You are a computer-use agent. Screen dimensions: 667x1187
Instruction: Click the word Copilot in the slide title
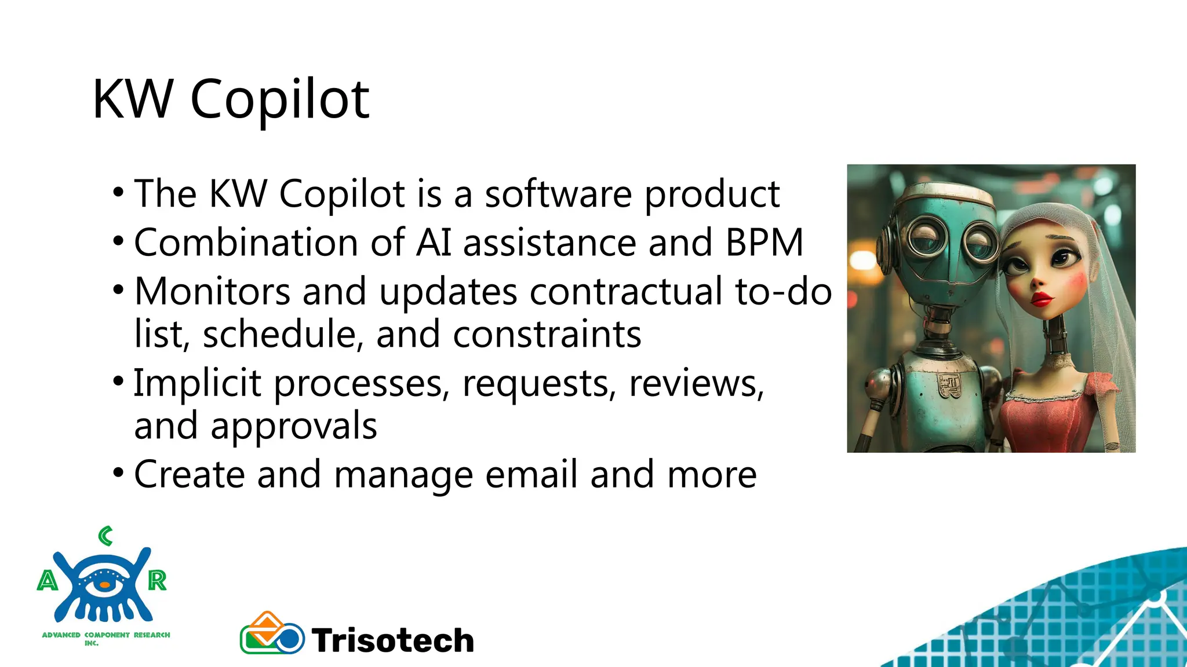click(279, 100)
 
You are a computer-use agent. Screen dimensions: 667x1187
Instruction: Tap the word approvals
click(293, 426)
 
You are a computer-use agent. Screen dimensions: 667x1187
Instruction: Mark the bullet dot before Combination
click(118, 240)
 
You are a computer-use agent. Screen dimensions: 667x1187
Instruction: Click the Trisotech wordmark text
click(393, 640)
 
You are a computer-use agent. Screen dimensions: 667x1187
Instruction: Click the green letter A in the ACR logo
click(48, 580)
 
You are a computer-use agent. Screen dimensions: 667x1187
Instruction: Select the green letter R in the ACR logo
click(157, 580)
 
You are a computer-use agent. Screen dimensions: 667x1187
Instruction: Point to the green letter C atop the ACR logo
click(105, 536)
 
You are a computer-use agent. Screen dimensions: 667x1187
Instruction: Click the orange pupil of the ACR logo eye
click(104, 585)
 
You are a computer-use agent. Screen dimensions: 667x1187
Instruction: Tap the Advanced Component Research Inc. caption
click(106, 638)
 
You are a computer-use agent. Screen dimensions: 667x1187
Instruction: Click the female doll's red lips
click(1041, 299)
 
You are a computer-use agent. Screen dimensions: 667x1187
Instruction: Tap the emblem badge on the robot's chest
click(948, 385)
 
